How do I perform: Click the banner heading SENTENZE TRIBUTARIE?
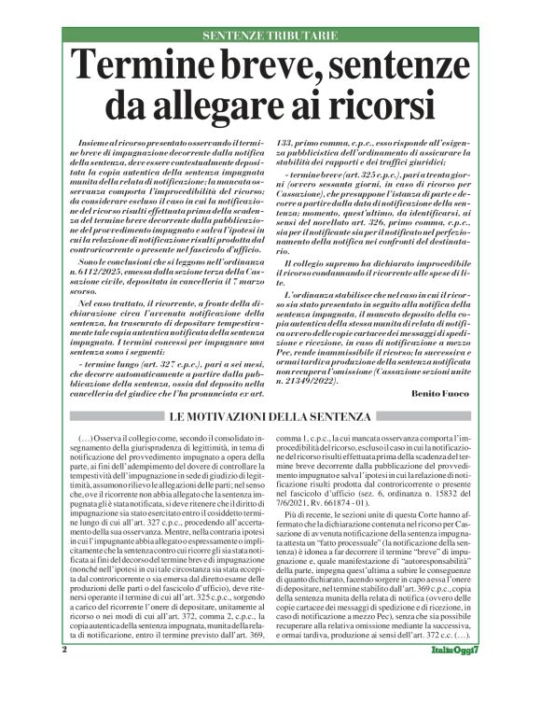(270, 35)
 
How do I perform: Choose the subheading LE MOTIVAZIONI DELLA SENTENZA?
(270, 414)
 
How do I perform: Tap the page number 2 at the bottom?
(64, 674)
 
